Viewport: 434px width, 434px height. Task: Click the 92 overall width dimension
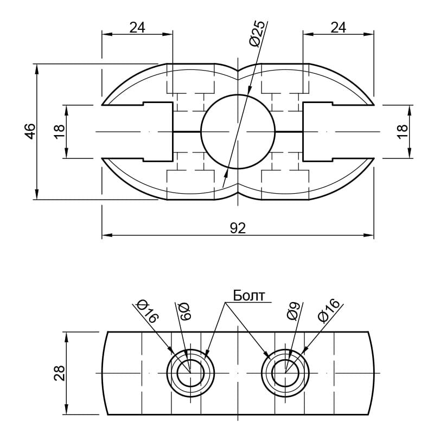[238, 228]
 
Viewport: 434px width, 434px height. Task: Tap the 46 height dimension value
[30, 131]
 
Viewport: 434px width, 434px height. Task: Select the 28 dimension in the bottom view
[60, 373]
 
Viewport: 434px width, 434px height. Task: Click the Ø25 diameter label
[258, 33]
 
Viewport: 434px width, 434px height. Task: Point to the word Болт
[249, 296]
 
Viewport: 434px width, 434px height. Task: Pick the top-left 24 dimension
[137, 28]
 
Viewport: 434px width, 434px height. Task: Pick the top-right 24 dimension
[338, 28]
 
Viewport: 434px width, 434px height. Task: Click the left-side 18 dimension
[60, 131]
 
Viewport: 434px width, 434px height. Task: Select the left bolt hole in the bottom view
[191, 373]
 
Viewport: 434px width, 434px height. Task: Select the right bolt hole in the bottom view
[285, 373]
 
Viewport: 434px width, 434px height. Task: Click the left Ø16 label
[148, 311]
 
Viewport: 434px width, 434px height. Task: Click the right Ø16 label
[329, 310]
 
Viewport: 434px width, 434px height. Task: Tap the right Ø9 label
[293, 311]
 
